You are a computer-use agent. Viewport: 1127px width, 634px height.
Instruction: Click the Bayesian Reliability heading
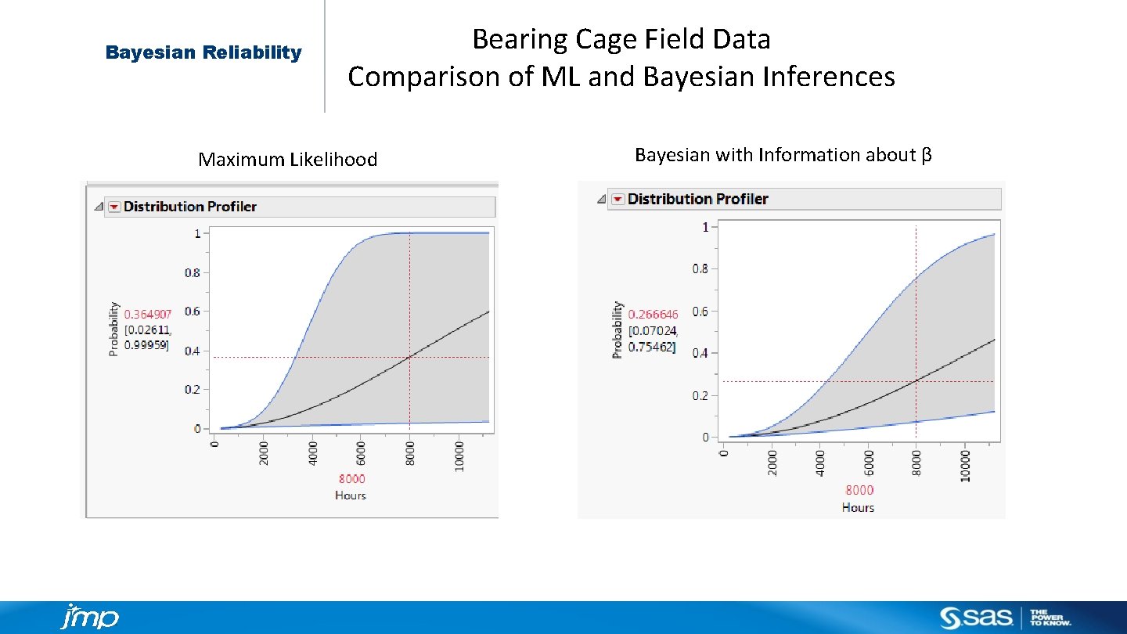click(x=203, y=52)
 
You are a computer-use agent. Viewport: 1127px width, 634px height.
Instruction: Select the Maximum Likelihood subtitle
click(x=287, y=160)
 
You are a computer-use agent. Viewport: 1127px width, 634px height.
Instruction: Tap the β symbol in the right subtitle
click(x=926, y=155)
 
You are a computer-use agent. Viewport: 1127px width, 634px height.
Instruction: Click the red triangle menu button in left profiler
click(x=114, y=207)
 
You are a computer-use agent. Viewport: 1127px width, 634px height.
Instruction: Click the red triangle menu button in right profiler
click(x=618, y=200)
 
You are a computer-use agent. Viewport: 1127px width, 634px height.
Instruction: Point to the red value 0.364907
click(x=148, y=315)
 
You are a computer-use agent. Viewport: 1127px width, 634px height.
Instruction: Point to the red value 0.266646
click(x=653, y=315)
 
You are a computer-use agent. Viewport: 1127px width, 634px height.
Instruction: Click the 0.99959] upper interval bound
click(x=146, y=345)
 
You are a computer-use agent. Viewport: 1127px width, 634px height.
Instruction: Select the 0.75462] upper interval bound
click(x=651, y=347)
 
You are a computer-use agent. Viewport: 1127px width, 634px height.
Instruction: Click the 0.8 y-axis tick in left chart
click(x=192, y=273)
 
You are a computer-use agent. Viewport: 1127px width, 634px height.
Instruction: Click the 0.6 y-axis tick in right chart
click(x=700, y=312)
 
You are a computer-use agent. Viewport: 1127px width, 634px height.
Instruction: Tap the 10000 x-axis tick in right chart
click(x=965, y=465)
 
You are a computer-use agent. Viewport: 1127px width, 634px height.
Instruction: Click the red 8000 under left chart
click(x=351, y=479)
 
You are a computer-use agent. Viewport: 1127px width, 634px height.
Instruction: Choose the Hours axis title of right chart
click(x=858, y=507)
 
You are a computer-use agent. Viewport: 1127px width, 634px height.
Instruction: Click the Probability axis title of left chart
click(x=114, y=330)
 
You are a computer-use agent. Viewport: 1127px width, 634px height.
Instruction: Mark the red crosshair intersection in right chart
click(x=916, y=381)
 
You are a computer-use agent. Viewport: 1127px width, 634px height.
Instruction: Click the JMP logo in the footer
click(x=89, y=617)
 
